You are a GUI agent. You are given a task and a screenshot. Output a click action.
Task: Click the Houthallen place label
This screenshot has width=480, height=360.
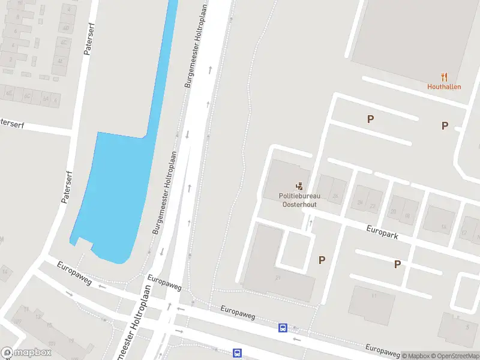[x=444, y=86]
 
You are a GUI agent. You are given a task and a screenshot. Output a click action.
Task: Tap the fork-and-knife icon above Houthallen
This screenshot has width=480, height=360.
[x=444, y=76]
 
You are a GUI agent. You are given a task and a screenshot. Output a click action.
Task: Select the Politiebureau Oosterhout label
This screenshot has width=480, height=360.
[x=299, y=200]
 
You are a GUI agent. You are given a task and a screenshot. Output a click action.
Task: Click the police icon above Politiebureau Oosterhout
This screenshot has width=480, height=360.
[x=299, y=187]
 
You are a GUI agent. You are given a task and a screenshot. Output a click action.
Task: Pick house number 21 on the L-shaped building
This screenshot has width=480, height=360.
[x=278, y=278]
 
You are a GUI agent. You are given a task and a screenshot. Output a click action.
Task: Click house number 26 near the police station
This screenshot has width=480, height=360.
[x=335, y=196]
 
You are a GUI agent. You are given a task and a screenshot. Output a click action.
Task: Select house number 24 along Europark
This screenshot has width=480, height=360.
[x=360, y=202]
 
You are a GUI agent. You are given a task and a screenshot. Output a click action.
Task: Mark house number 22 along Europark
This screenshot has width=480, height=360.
[x=373, y=206]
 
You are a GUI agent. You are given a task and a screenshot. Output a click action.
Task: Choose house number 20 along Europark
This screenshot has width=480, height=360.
[x=394, y=212]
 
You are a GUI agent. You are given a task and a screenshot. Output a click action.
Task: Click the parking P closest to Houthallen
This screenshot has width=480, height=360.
[x=445, y=125]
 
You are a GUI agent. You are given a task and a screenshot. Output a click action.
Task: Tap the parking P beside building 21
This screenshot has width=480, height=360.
[x=322, y=260]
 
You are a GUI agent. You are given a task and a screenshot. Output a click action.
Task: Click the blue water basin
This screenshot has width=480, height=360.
[x=114, y=192]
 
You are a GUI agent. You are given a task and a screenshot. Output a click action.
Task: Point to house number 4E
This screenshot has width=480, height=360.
[x=61, y=61]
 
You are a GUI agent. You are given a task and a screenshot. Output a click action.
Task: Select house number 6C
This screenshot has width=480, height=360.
[x=27, y=96]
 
